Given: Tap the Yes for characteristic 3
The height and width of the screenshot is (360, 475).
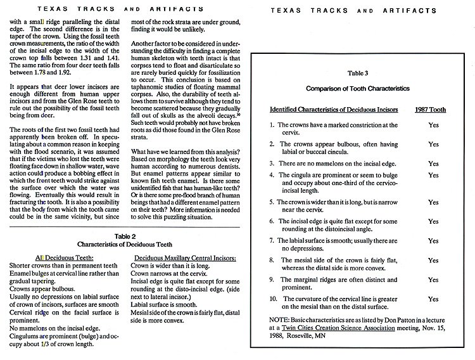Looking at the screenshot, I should [x=433, y=164].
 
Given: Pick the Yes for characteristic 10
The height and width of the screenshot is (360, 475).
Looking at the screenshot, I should [x=433, y=299].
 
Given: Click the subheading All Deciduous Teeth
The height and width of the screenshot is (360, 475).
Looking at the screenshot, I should [x=44, y=258].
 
